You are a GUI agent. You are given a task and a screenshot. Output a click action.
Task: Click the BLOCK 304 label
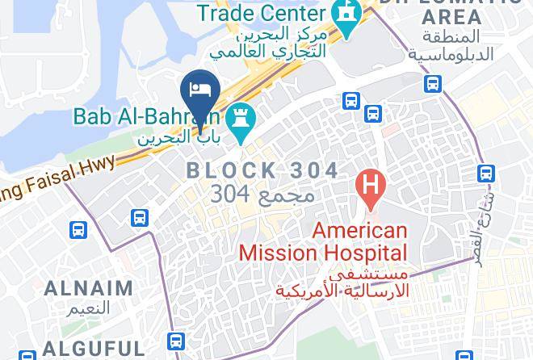262,170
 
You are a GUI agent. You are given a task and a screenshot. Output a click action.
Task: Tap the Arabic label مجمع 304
262,195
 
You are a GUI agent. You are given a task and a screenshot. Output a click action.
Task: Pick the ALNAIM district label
88,287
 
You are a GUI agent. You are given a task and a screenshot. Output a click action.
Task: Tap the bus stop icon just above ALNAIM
77,229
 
